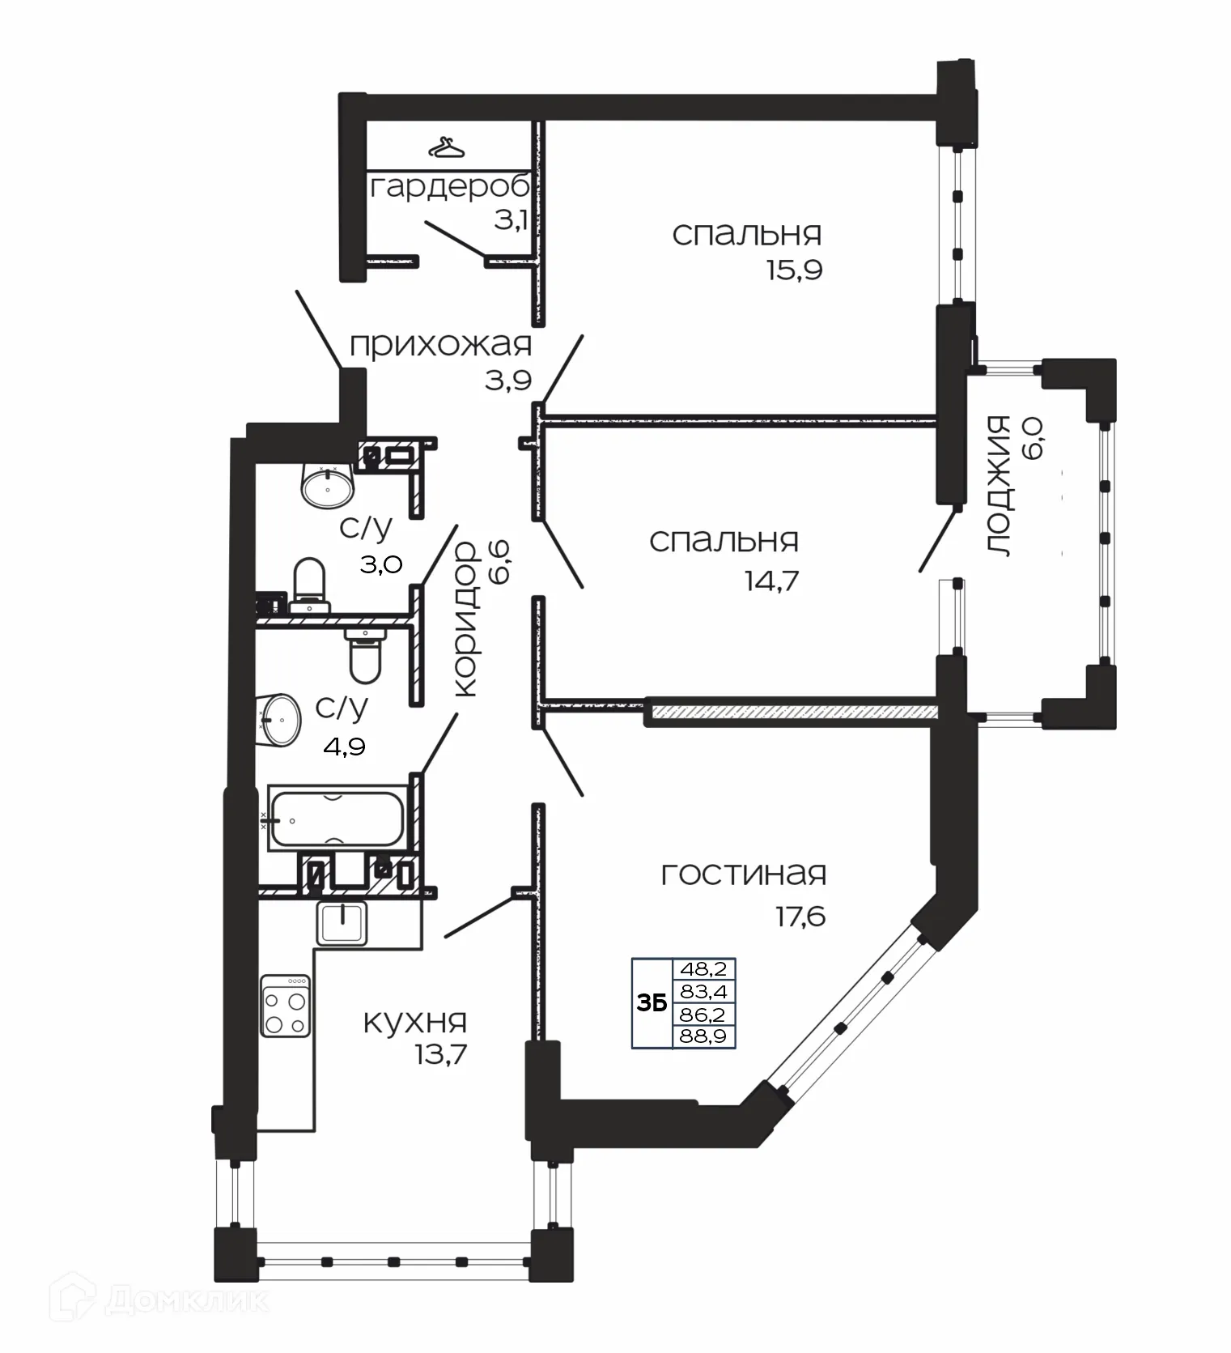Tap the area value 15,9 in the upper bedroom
(794, 270)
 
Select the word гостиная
(743, 874)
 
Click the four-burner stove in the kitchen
(286, 1005)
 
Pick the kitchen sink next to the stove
(342, 923)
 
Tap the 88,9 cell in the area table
(703, 1036)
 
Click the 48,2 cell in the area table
(703, 968)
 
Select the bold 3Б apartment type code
(652, 1003)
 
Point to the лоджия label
(1000, 486)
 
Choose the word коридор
(465, 619)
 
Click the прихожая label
(440, 346)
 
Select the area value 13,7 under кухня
(439, 1055)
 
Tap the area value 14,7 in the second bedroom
(771, 581)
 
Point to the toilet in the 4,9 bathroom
(365, 654)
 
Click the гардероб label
(450, 188)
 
